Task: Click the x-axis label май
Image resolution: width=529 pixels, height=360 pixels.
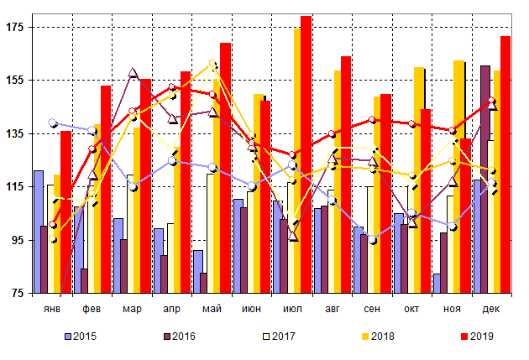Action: [x=212, y=309]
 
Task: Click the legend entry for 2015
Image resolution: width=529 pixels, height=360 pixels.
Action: [x=81, y=337]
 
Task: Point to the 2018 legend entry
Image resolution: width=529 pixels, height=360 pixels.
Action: [x=381, y=337]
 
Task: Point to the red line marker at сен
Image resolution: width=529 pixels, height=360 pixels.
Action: [x=372, y=120]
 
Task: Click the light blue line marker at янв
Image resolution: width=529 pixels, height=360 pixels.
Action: [x=53, y=123]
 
